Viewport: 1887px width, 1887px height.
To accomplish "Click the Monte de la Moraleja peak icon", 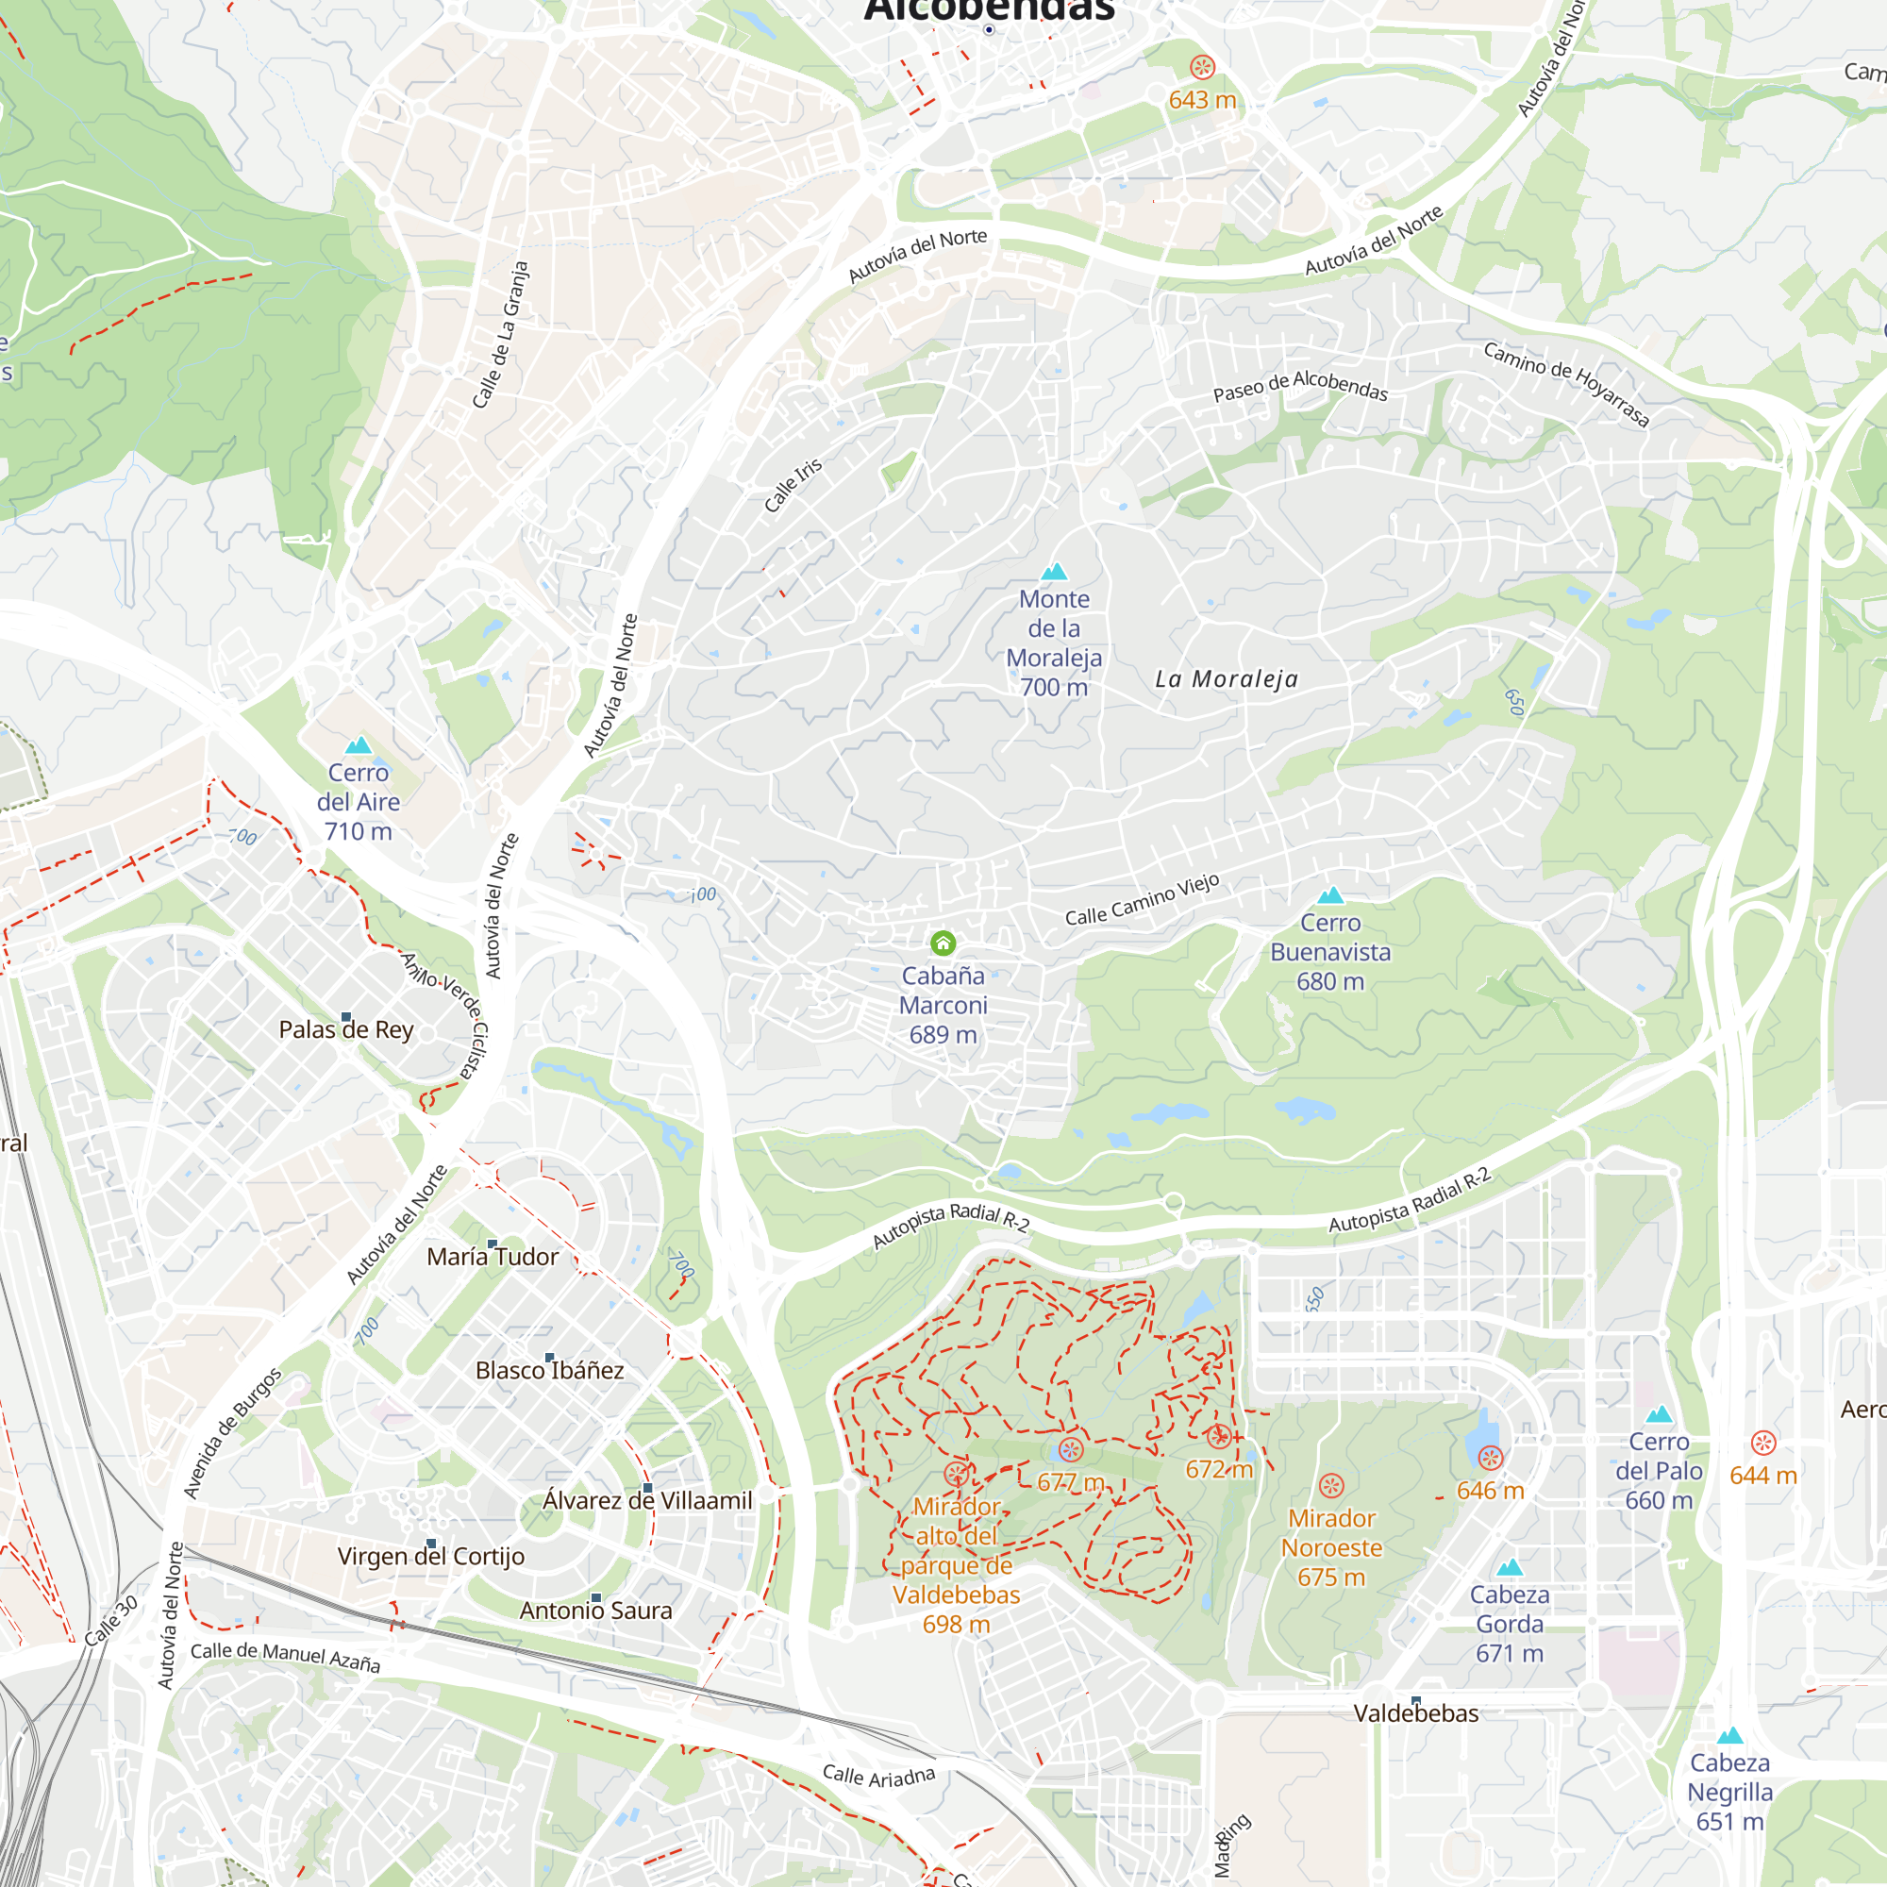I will [x=1054, y=573].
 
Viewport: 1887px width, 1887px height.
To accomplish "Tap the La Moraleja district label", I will [x=1227, y=678].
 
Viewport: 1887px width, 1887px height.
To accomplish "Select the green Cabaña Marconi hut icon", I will [x=943, y=943].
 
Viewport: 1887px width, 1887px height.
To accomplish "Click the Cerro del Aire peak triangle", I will [x=359, y=746].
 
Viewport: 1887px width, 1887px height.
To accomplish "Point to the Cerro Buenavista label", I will [x=1330, y=951].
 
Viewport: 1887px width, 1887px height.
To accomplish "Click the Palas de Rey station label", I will [x=345, y=1030].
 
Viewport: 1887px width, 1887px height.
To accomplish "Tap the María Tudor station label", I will [x=493, y=1257].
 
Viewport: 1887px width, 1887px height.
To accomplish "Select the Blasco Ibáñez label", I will [x=549, y=1371].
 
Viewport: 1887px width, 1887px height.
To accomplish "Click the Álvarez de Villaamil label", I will [x=647, y=1501].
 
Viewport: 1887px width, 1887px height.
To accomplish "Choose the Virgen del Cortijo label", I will [x=431, y=1557].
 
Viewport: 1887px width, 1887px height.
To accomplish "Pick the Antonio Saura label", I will [x=595, y=1611].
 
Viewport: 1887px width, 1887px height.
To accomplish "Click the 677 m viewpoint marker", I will [x=1071, y=1450].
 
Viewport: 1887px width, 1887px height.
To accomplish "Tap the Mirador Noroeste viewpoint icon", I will [x=1331, y=1487].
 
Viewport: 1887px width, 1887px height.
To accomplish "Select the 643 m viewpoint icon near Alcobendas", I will [x=1202, y=67].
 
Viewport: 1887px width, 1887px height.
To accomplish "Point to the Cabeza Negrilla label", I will [x=1729, y=1793].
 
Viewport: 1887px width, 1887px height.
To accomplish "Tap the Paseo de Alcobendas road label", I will [x=1300, y=386].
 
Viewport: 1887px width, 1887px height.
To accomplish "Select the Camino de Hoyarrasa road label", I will [x=1565, y=384].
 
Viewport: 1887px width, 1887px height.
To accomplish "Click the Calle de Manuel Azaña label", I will [x=285, y=1657].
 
